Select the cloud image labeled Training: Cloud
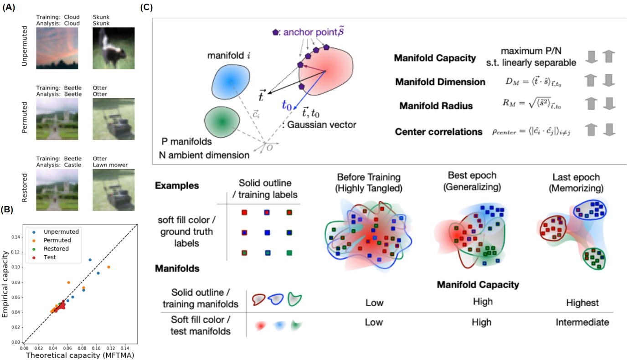pyautogui.click(x=57, y=48)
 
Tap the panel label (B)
pyautogui.click(x=10, y=211)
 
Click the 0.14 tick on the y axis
pyautogui.click(x=17, y=237)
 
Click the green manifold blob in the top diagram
pyautogui.click(x=222, y=121)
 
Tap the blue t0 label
pyautogui.click(x=286, y=106)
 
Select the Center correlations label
pyautogui.click(x=438, y=132)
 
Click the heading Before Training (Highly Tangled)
pyautogui.click(x=369, y=181)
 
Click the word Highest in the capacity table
pyautogui.click(x=582, y=303)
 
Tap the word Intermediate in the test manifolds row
pyautogui.click(x=582, y=322)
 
